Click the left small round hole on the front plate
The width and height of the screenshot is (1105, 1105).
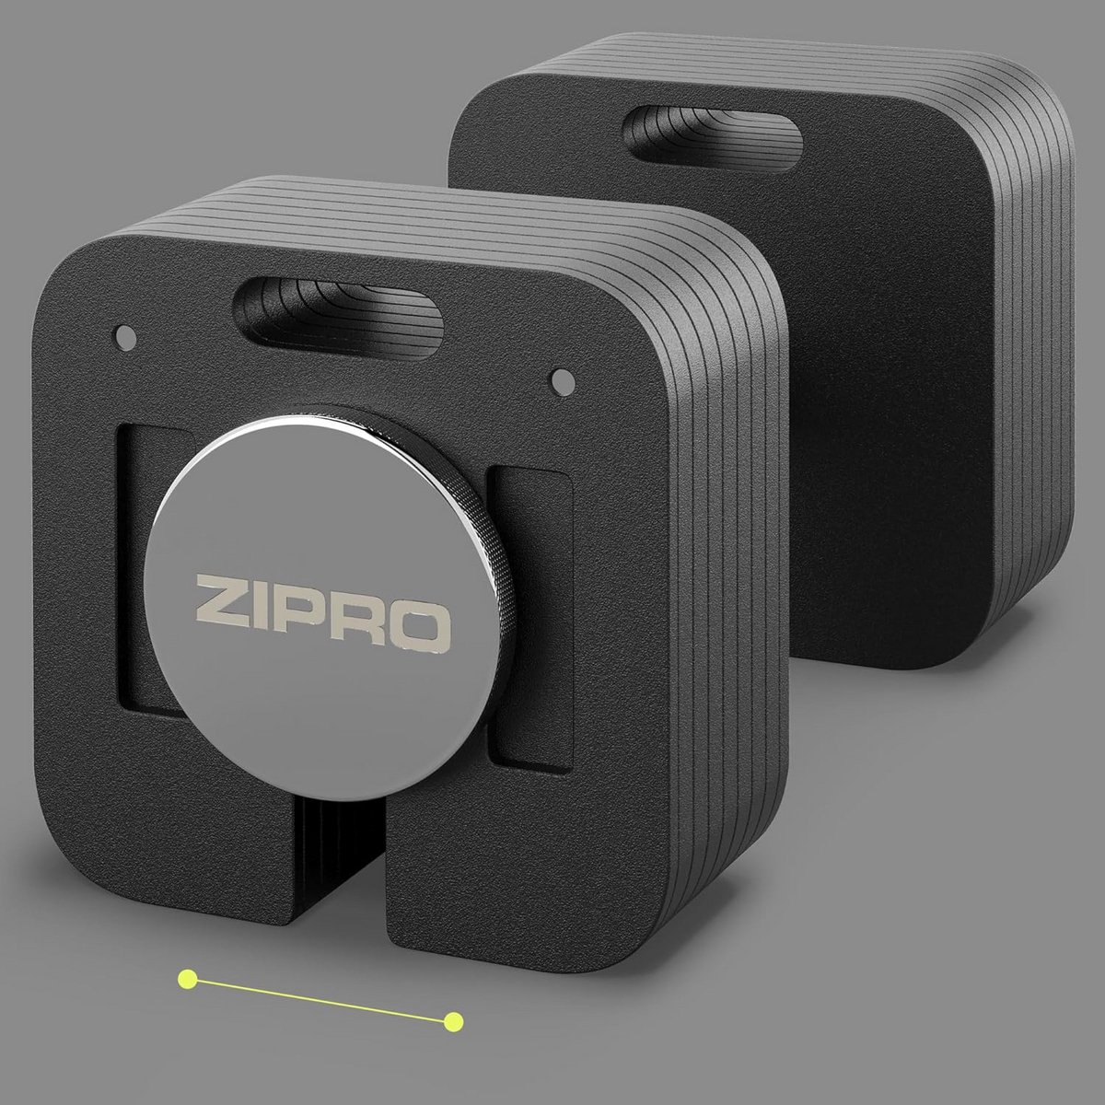126,338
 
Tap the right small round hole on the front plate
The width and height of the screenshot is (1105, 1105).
564,380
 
